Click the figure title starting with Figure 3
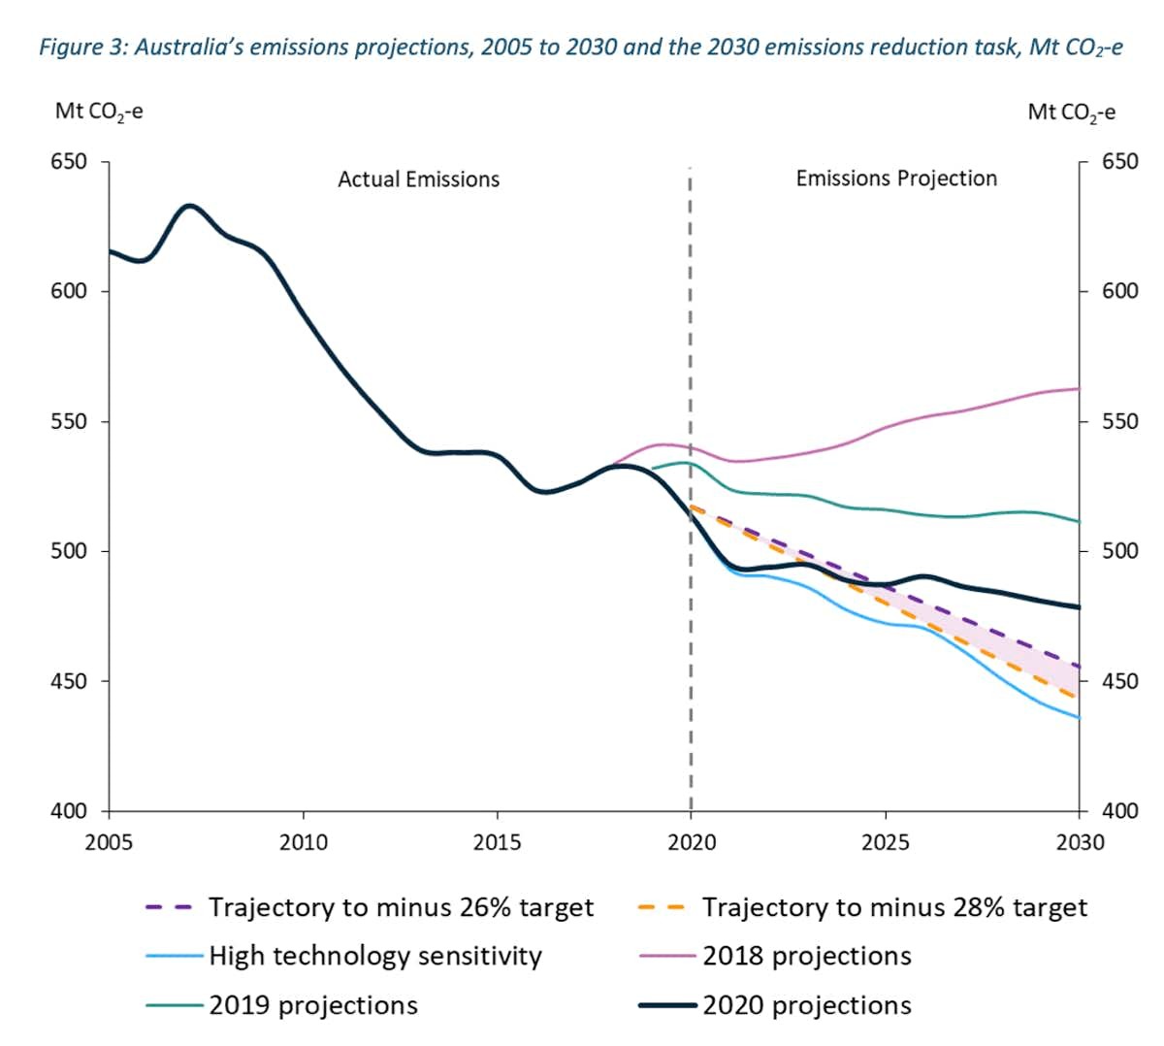pyautogui.click(x=580, y=48)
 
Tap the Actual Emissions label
pyautogui.click(x=418, y=180)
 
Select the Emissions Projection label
pyautogui.click(x=895, y=179)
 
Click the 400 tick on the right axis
pyautogui.click(x=1120, y=811)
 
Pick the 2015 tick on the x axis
pyautogui.click(x=497, y=841)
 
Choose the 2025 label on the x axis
pyautogui.click(x=885, y=841)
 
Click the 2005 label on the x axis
pyautogui.click(x=109, y=841)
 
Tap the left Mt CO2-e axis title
pyautogui.click(x=99, y=112)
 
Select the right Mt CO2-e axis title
pyautogui.click(x=1071, y=113)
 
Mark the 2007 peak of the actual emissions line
pyautogui.click(x=189, y=206)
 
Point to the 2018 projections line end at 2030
pyautogui.click(x=1079, y=388)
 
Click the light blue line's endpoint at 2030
pyautogui.click(x=1079, y=718)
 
